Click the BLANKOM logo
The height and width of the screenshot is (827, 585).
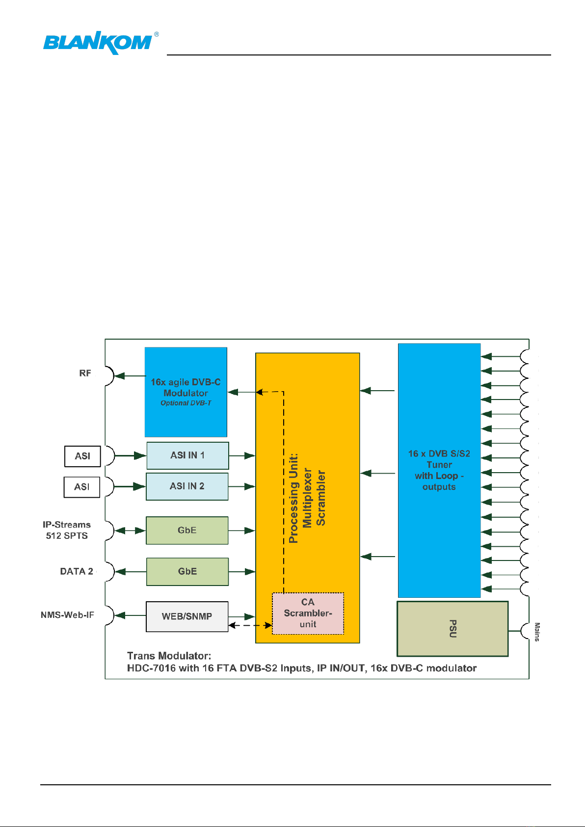(101, 43)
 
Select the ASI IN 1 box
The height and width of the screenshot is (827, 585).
(187, 455)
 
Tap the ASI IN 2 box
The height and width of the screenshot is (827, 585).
(187, 486)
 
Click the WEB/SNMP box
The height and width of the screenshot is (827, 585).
(187, 616)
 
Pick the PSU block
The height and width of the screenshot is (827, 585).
(452, 629)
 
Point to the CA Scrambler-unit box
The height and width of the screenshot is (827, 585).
(308, 614)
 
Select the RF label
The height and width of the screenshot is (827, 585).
(85, 373)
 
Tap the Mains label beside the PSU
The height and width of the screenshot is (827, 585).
(537, 632)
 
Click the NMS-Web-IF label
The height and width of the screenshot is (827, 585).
(67, 615)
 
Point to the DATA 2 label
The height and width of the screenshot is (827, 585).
(77, 571)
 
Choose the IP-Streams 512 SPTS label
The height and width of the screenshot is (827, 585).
(67, 530)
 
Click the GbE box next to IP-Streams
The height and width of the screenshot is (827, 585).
(187, 531)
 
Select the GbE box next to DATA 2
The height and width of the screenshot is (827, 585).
(187, 572)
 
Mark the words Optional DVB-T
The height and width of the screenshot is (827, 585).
(186, 403)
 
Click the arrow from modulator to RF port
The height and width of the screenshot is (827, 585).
(127, 376)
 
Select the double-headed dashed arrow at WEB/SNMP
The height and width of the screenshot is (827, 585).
(250, 625)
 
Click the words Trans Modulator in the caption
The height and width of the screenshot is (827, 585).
(169, 656)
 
